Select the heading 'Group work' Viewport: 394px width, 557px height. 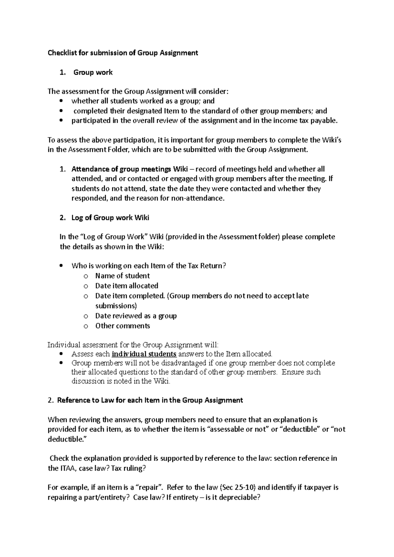[x=93, y=72]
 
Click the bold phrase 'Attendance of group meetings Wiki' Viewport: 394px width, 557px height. [x=130, y=169]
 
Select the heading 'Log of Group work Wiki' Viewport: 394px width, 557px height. [x=110, y=218]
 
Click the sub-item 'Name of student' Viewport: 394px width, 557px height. [x=122, y=276]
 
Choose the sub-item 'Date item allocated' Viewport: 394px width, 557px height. [x=127, y=286]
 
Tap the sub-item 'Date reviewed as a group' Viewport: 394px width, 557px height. [x=136, y=316]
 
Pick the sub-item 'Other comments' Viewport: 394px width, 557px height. [x=122, y=326]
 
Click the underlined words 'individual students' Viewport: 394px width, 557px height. [x=144, y=354]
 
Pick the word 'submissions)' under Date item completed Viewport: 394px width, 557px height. [x=116, y=306]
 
